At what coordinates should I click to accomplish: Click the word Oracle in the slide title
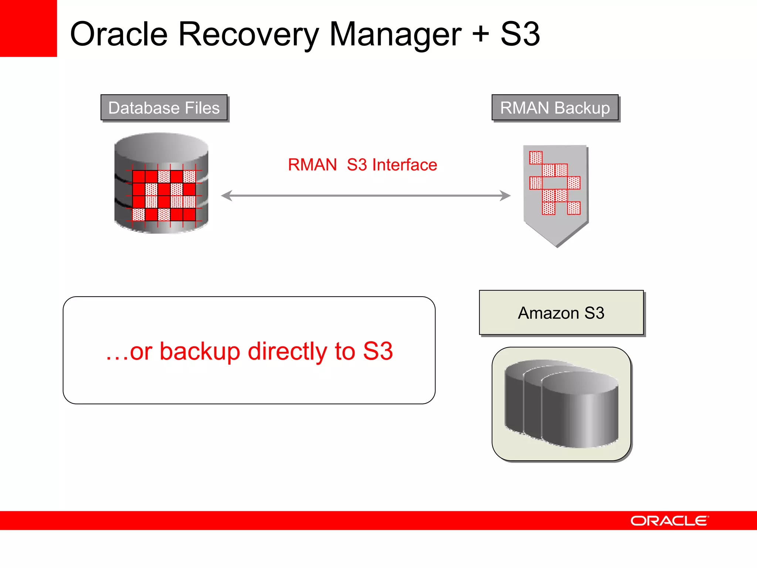coord(119,34)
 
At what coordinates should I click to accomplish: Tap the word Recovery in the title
coord(248,35)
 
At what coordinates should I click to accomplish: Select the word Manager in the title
coord(395,35)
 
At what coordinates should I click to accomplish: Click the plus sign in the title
coord(481,34)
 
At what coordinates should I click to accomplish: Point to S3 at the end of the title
coord(520,34)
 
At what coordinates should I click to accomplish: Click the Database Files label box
coord(164,108)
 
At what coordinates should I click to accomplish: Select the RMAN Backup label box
coord(555,108)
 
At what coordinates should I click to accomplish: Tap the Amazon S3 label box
coord(561,313)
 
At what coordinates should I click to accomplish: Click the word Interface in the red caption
coord(404,165)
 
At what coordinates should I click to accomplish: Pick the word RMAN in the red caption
coord(312,165)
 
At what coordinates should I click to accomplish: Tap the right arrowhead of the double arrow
coord(505,196)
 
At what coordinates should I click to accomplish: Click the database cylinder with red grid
coord(161,183)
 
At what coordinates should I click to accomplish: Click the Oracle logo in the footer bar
coord(669,521)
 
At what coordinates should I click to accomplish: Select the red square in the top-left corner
coord(28,28)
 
